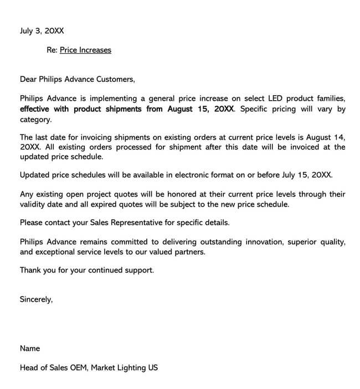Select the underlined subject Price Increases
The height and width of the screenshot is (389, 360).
pyautogui.click(x=85, y=50)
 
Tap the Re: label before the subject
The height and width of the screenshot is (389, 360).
pyautogui.click(x=52, y=50)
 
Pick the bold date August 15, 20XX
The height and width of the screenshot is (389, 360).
pyautogui.click(x=198, y=109)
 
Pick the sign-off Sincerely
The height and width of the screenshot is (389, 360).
pyautogui.click(x=36, y=299)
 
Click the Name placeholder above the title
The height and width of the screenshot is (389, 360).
pyautogui.click(x=30, y=349)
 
